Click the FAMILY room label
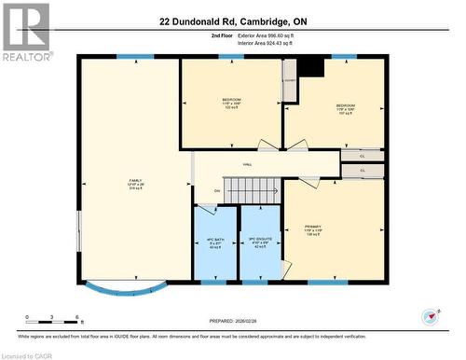136,183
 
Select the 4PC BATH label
215,242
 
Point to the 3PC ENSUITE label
261,242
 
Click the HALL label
248,164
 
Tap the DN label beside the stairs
217,190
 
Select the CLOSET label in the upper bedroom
290,82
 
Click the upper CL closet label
363,156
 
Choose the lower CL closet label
363,171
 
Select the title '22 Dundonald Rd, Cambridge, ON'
233,21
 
